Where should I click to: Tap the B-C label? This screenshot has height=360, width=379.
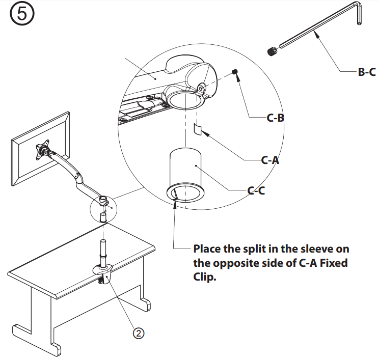(x=366, y=72)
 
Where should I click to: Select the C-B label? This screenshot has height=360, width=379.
(x=275, y=118)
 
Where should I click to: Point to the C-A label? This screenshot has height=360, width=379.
(x=270, y=160)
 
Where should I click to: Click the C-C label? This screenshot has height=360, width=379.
(x=256, y=191)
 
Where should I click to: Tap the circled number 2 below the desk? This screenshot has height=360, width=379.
(x=139, y=333)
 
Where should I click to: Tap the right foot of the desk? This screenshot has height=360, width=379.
(x=145, y=304)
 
